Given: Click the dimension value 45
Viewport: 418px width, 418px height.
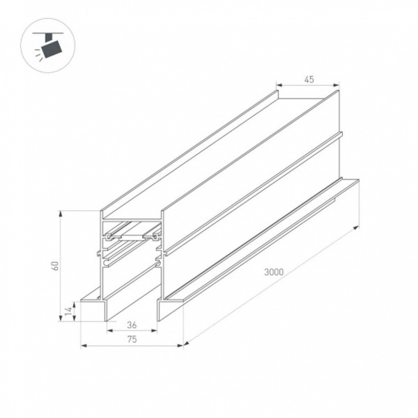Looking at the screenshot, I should (309, 79).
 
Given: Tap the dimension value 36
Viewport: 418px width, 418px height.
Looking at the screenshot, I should (131, 324).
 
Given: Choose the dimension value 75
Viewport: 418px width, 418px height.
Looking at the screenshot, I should (131, 339).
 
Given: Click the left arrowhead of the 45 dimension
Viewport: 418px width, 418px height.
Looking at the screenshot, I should (278, 86).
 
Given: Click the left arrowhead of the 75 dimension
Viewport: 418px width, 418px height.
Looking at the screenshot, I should (82, 346).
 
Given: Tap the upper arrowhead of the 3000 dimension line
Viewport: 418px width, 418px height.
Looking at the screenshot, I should (355, 227).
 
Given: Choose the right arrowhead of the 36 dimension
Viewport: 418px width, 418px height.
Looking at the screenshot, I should (156, 331).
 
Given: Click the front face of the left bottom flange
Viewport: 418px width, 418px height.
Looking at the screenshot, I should (93, 309).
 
